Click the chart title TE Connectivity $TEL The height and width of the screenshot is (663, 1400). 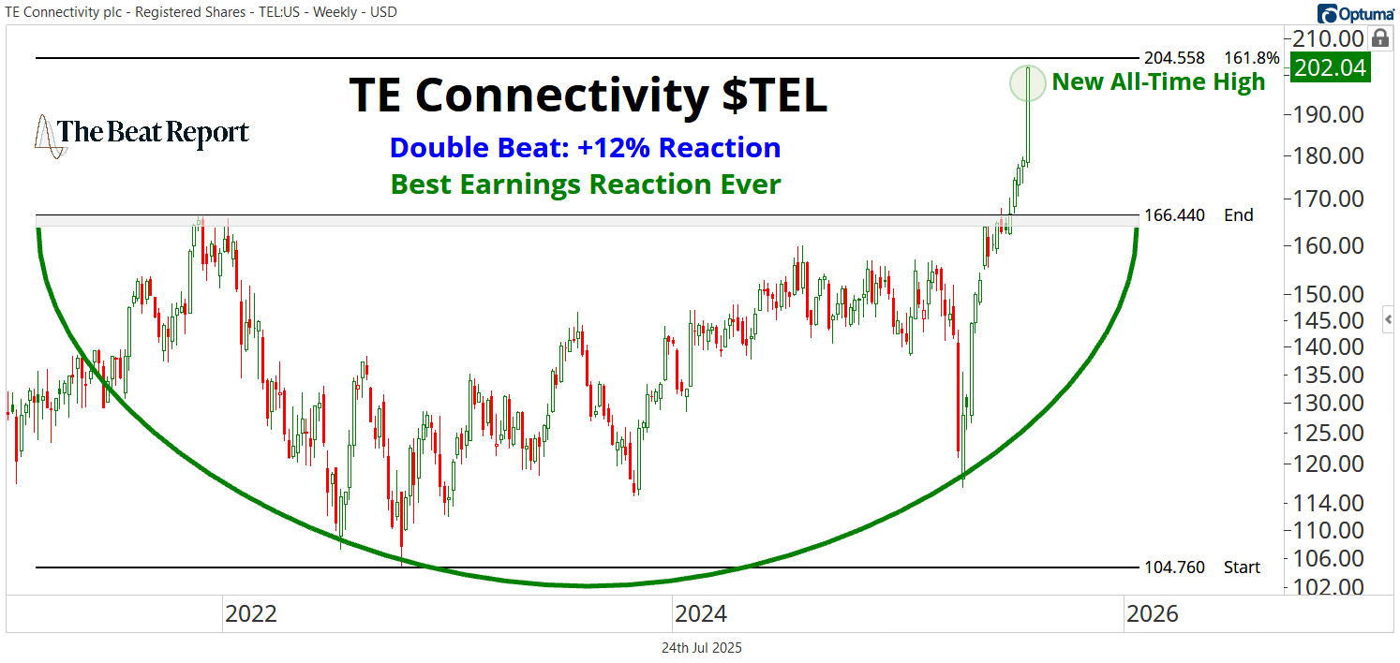[588, 96]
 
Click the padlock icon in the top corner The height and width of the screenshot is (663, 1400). [1379, 38]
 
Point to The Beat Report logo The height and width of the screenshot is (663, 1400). [141, 134]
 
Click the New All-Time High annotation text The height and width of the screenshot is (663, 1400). [1158, 82]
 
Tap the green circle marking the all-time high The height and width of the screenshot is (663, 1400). [1028, 82]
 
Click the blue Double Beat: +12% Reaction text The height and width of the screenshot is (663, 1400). [585, 148]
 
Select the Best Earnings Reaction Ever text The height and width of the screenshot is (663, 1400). [585, 184]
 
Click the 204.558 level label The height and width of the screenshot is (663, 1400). [1174, 58]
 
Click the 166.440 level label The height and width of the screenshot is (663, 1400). [1174, 215]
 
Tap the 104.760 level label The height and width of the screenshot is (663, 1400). [1174, 567]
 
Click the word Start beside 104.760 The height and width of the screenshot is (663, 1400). [1242, 567]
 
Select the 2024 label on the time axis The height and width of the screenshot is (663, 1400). [700, 614]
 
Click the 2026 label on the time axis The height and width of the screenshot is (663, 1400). [1152, 614]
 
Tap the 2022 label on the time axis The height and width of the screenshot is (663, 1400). [250, 614]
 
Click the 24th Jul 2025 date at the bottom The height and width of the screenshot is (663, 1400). [701, 648]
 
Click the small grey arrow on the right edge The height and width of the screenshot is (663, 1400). [1389, 318]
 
